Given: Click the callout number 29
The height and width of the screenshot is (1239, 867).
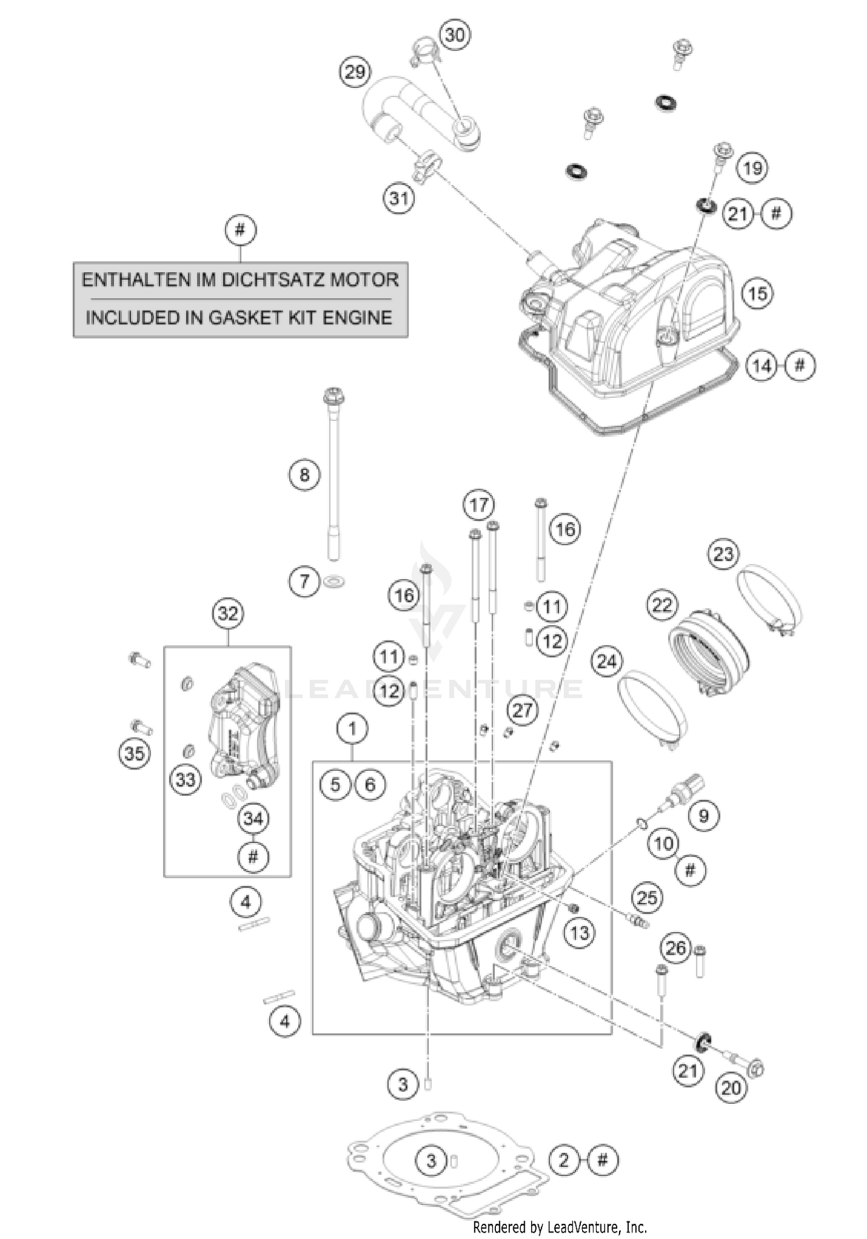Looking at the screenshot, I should click(x=354, y=72).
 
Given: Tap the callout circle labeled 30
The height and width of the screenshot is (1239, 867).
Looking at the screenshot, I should click(x=455, y=35).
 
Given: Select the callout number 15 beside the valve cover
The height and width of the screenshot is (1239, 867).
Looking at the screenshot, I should click(x=758, y=294).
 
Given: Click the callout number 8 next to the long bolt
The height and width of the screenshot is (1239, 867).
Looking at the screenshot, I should click(x=305, y=475).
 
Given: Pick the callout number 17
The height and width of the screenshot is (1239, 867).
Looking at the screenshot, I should click(x=479, y=505).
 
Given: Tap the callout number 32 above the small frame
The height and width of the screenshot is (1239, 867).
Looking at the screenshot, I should click(x=228, y=613).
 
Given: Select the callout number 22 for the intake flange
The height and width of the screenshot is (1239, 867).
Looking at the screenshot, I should click(x=662, y=605).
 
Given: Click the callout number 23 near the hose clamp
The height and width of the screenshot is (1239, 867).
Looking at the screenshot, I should click(x=723, y=554).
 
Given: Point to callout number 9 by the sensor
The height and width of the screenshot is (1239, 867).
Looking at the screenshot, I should click(x=703, y=815).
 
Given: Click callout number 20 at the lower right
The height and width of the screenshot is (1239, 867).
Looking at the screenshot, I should click(x=731, y=1088).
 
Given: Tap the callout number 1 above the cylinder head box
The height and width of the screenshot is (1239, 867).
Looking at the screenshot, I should click(x=353, y=729).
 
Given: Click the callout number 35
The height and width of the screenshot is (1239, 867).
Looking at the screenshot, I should click(x=135, y=753).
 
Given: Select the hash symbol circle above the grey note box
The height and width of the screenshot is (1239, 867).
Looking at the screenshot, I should click(x=240, y=231).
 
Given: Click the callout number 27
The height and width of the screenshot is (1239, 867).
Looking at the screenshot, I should click(x=522, y=711).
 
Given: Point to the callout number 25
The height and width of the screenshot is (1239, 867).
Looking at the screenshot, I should click(x=647, y=898).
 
